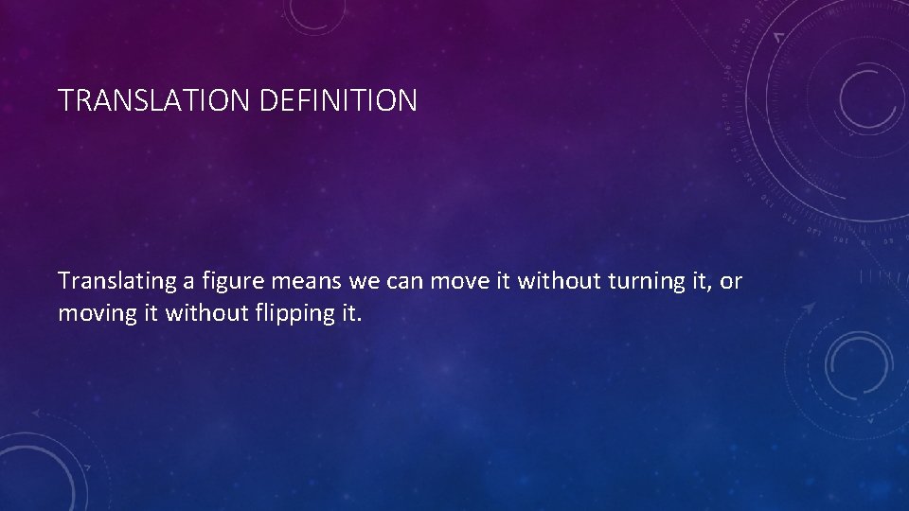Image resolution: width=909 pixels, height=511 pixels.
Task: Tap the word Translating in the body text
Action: (111, 281)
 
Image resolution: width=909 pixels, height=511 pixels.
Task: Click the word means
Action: (291, 281)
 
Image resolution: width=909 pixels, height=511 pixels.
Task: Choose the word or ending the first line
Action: (731, 281)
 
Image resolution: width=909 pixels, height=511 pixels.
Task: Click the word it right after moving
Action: (151, 313)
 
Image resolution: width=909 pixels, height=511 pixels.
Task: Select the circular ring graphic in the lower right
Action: (858, 363)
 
